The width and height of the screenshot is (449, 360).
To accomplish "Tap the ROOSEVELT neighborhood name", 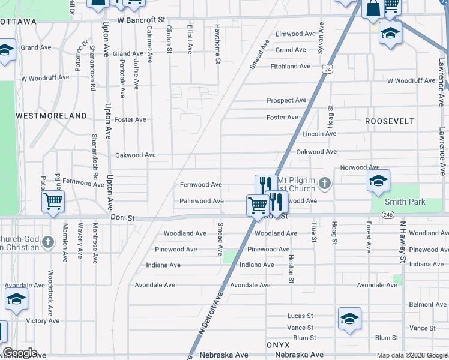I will [x=390, y=121].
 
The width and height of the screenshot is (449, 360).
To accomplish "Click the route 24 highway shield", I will [x=327, y=70].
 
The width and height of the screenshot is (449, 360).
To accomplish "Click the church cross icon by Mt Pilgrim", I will [x=325, y=182].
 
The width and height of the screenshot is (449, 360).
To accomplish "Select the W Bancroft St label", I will [x=141, y=20].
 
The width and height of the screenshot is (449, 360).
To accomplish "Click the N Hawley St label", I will [x=402, y=242].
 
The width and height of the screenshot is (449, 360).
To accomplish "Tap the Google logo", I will [x=20, y=353].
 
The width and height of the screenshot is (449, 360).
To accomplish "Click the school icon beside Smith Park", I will [x=378, y=181].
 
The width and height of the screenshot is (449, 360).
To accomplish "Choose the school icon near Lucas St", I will [x=349, y=319].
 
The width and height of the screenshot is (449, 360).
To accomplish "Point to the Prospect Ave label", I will [x=287, y=100].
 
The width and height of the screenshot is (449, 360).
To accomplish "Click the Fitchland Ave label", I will [x=291, y=66].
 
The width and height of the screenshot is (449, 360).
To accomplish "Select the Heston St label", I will [x=291, y=266].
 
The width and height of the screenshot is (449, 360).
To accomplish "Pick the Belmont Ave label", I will [x=427, y=305].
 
